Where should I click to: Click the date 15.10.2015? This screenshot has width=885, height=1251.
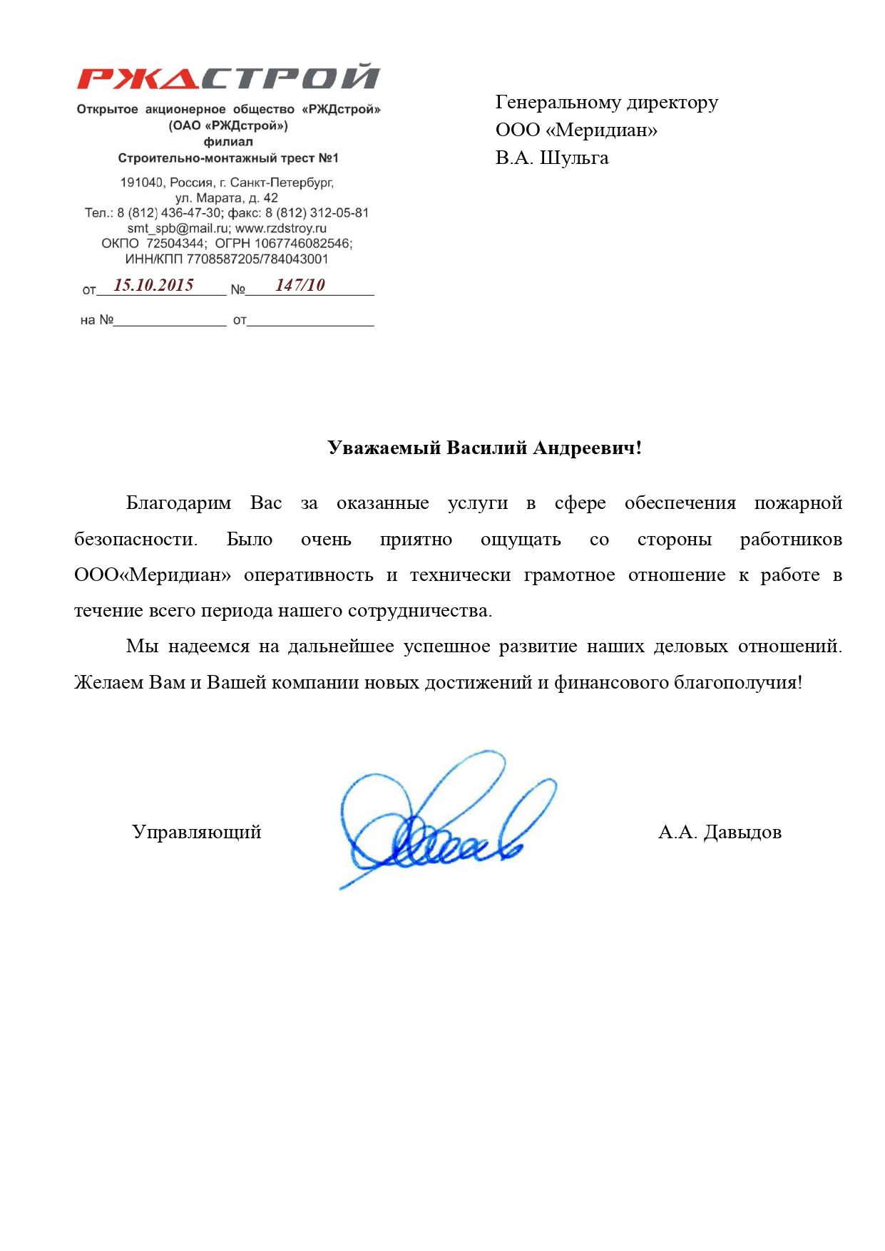(x=154, y=285)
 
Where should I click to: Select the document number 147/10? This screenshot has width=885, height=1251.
(x=300, y=285)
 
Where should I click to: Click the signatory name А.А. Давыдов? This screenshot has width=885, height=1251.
(x=720, y=832)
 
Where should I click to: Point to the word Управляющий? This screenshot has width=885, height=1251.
(x=197, y=832)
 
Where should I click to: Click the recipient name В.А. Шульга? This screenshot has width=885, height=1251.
(x=552, y=158)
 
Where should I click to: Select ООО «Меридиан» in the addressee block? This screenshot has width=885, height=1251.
(x=576, y=130)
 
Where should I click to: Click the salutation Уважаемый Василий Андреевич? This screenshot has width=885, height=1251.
(x=485, y=448)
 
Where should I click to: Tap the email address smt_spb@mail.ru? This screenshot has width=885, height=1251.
(x=178, y=228)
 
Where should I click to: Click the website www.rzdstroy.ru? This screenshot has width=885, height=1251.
(x=281, y=228)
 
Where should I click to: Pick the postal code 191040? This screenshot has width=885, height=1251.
(x=141, y=182)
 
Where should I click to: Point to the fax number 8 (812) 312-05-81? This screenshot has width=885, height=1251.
(x=317, y=212)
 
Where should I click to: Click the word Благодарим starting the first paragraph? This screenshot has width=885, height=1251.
(x=178, y=503)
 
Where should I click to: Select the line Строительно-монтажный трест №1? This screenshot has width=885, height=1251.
(x=228, y=158)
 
